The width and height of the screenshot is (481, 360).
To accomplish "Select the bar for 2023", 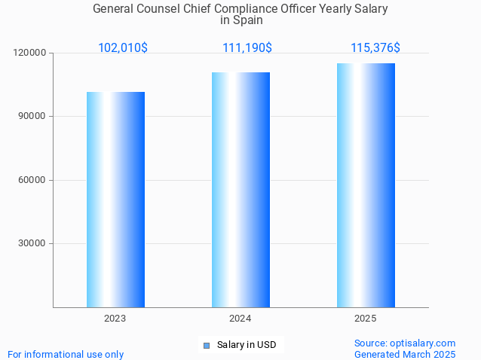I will (x=115, y=200).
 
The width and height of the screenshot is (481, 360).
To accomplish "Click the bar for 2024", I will (x=240, y=190).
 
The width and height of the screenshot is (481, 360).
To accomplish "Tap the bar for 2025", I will (x=366, y=185).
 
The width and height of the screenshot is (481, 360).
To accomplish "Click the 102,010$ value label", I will (x=123, y=48).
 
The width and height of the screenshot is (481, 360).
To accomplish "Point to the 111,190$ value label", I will (x=247, y=48).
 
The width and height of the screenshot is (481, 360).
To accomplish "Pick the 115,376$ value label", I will (x=375, y=48).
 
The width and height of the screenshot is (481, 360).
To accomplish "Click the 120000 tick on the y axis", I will (x=30, y=53).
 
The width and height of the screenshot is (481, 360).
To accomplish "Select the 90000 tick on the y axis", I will (x=32, y=117).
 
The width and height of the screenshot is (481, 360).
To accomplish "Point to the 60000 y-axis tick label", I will (x=32, y=180).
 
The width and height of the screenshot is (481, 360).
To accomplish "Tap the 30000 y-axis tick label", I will (x=32, y=243).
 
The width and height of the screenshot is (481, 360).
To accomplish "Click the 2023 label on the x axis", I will (x=115, y=319).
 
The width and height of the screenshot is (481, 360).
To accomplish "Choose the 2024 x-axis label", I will (x=240, y=319).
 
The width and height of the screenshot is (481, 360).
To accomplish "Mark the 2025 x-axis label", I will (x=366, y=319).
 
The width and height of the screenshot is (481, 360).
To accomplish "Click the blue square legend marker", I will (x=206, y=346).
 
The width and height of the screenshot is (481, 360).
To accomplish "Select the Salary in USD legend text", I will (x=247, y=345).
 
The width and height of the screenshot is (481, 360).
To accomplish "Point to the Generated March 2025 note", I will (x=405, y=354).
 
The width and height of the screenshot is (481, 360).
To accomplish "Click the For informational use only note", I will (x=66, y=354).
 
